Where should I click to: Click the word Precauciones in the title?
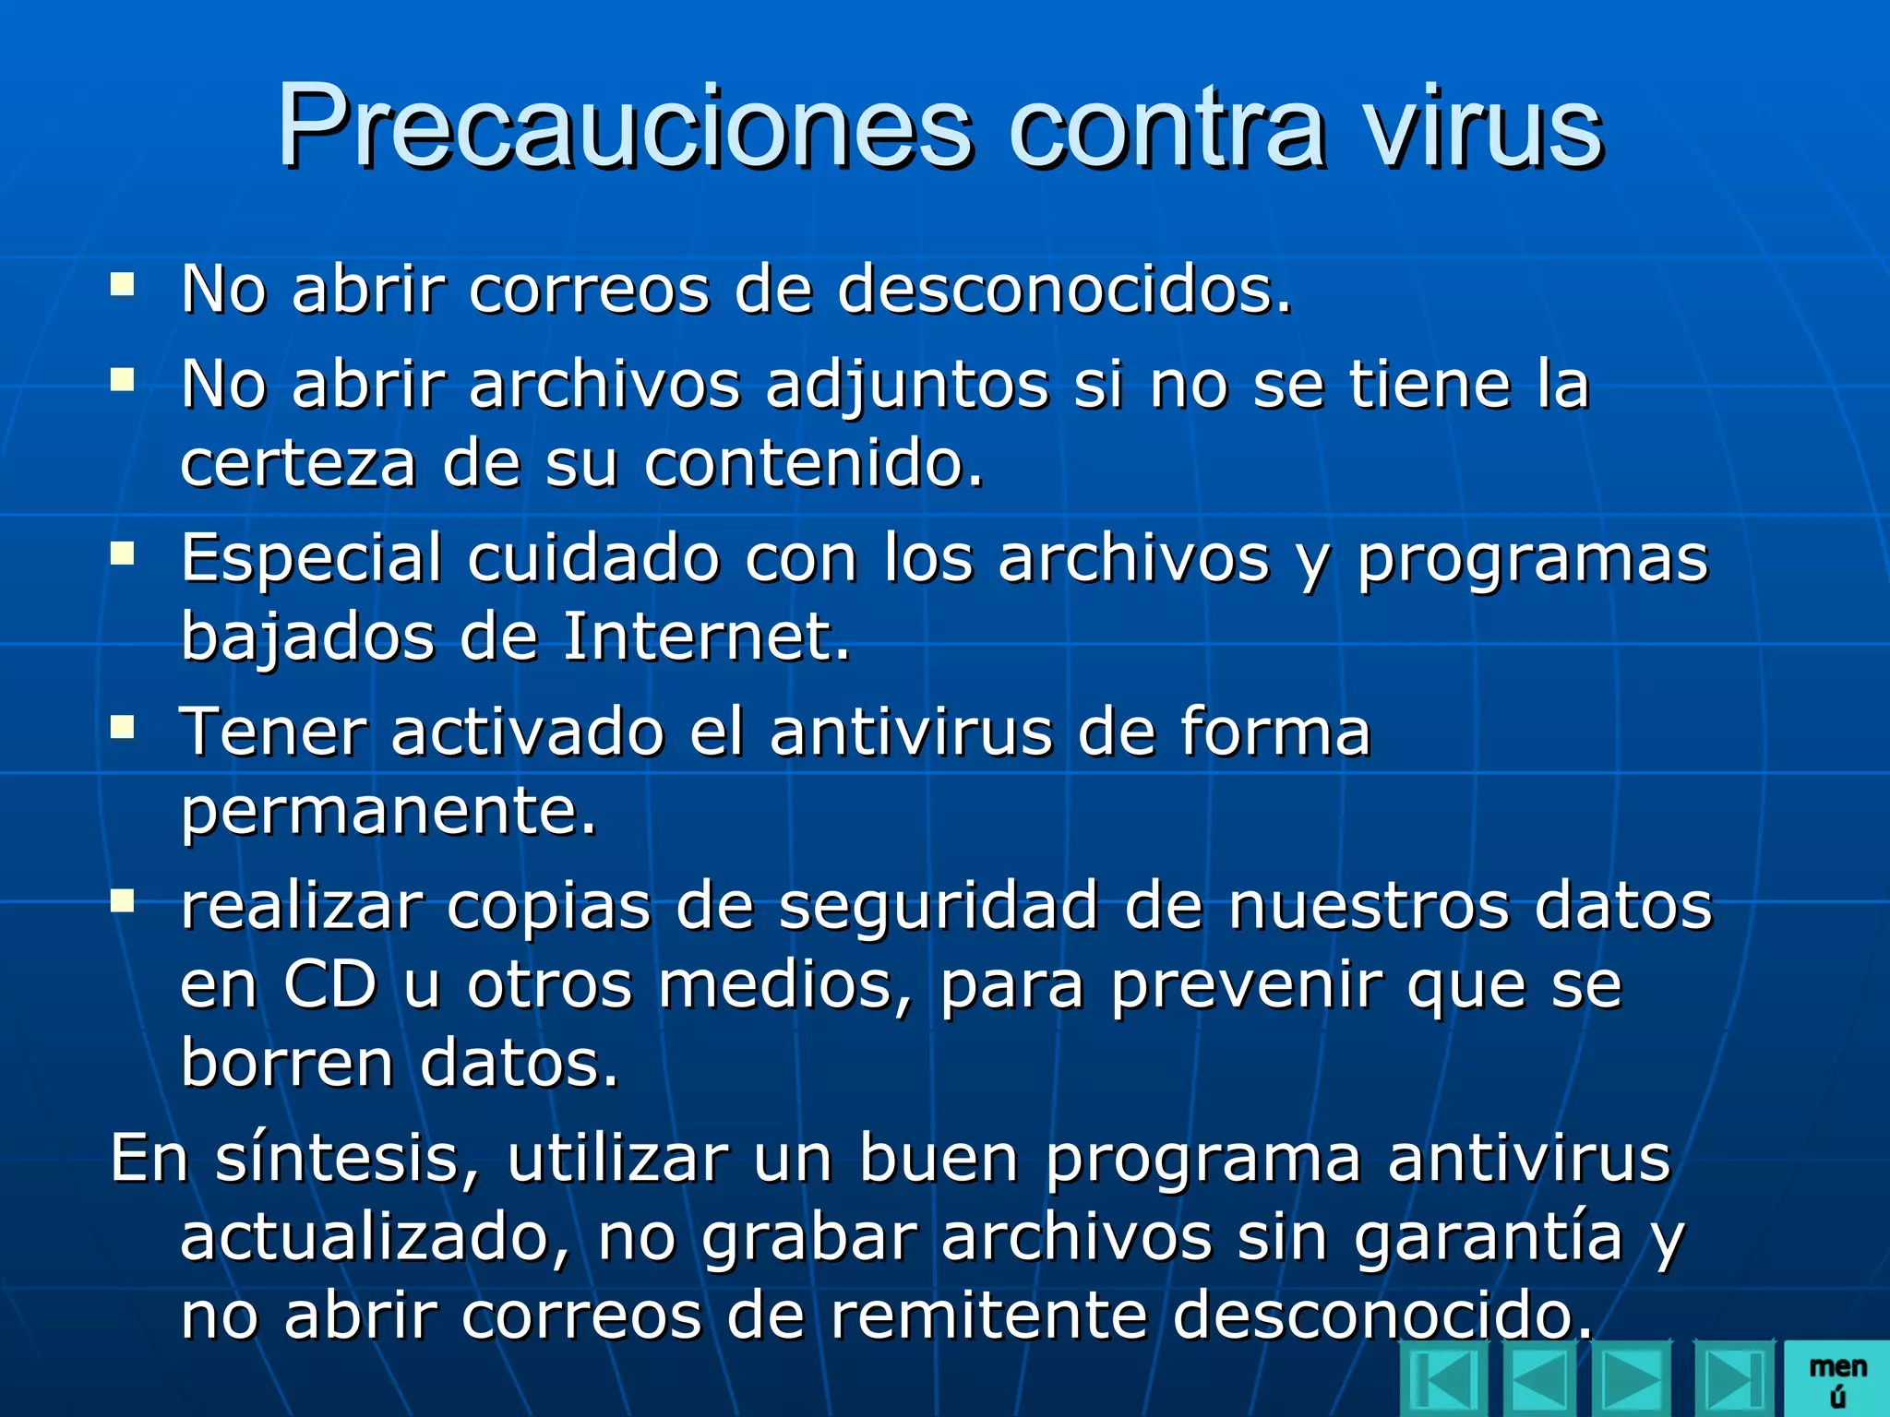pos(625,126)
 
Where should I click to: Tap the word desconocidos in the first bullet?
pos(1064,290)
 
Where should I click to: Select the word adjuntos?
pos(907,385)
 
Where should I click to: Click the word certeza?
pos(298,463)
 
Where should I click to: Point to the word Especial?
pos(311,560)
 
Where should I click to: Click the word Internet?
pos(705,637)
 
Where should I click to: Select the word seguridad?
pos(939,907)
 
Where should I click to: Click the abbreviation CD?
pos(329,985)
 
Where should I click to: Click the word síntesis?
pos(347,1159)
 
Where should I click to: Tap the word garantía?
pos(1488,1238)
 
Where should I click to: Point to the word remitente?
pos(988,1316)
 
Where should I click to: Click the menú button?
pos(1836,1380)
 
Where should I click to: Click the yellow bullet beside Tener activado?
pos(122,728)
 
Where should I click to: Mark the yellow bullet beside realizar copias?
pos(122,900)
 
